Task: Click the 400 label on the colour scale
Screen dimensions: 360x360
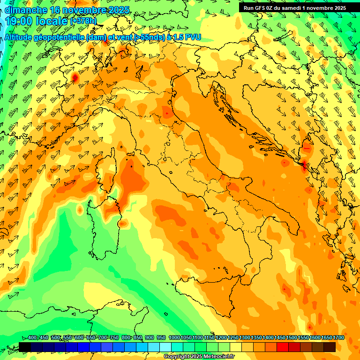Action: (32, 338)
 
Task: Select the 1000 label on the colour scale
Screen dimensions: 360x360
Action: (174, 338)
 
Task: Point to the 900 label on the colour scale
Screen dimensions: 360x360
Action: (150, 338)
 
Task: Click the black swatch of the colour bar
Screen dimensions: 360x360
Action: (25, 347)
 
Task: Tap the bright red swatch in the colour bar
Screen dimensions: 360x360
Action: (283, 347)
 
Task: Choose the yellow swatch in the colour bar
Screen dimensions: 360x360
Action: (236, 347)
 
